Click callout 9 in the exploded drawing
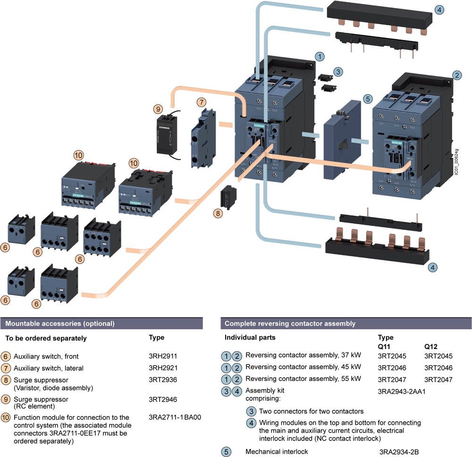158,108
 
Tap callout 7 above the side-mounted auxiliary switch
202,101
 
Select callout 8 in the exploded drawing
218,213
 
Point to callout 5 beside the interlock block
368,99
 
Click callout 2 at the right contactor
457,75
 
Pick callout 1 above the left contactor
320,57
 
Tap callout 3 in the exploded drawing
338,71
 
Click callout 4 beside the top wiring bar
439,9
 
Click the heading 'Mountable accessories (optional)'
59,324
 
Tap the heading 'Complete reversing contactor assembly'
290,324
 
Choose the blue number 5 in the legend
227,452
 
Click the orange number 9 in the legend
6,399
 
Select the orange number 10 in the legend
6,417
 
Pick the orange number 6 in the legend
6,356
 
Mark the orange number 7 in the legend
6,368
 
